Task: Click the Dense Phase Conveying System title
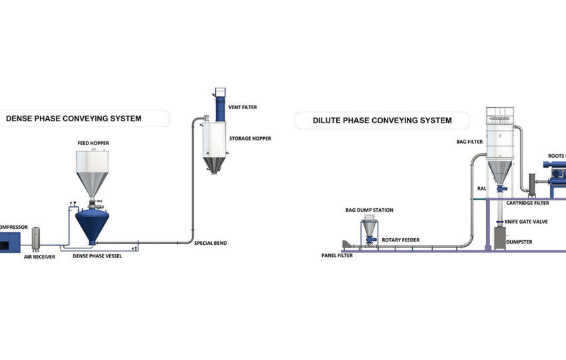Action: point(73,119)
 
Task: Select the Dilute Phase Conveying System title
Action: point(382,120)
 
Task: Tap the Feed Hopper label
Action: point(93,143)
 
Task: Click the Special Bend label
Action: point(210,243)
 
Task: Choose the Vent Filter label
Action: point(242,107)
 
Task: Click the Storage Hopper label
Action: point(250,138)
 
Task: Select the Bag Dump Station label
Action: point(369,210)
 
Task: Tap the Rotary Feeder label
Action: point(400,240)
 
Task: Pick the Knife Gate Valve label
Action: point(526,221)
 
